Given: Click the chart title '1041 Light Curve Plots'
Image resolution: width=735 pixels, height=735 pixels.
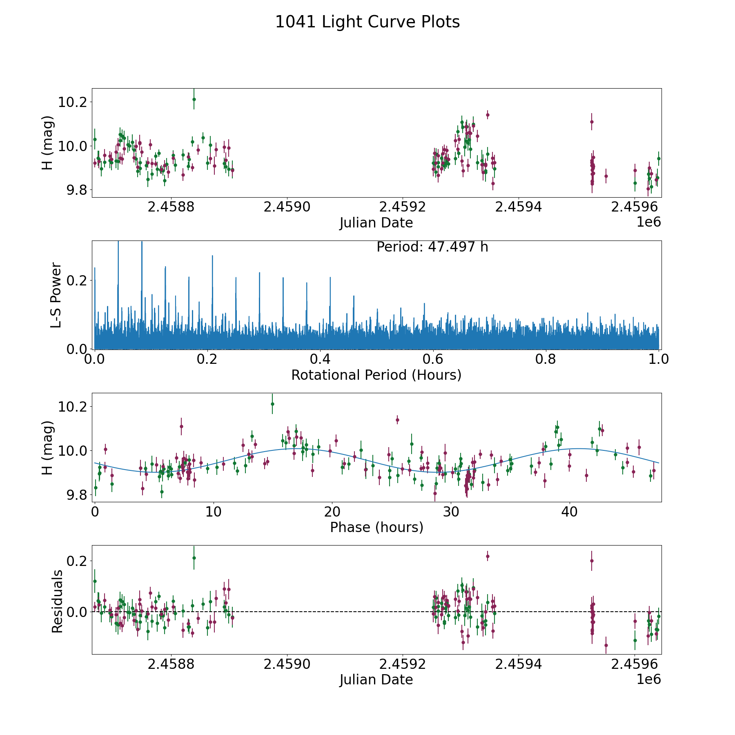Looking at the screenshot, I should [367, 22].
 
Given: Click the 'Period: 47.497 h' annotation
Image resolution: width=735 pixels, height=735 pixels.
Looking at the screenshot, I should [432, 247].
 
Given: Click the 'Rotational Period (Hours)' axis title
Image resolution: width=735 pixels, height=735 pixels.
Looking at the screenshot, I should [376, 375].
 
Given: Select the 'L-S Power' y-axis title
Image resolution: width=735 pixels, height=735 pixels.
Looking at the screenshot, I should [56, 295].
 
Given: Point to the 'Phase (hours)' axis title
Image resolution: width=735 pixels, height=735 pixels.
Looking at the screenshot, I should [376, 527].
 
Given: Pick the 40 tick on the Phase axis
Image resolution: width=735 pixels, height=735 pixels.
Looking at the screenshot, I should [570, 512].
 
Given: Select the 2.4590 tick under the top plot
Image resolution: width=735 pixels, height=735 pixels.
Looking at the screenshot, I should [287, 207].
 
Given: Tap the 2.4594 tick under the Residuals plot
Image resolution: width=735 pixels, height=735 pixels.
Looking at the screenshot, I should [519, 664].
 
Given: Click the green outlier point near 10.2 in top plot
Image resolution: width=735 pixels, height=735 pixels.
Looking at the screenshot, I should [194, 99].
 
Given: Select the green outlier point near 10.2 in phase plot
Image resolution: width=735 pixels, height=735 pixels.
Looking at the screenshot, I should [272, 404].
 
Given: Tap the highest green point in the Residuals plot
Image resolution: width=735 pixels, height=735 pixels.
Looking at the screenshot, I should [194, 558].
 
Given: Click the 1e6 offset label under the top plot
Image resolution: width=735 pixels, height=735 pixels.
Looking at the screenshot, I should [648, 222].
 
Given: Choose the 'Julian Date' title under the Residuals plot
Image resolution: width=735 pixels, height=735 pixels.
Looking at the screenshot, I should [376, 679].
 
